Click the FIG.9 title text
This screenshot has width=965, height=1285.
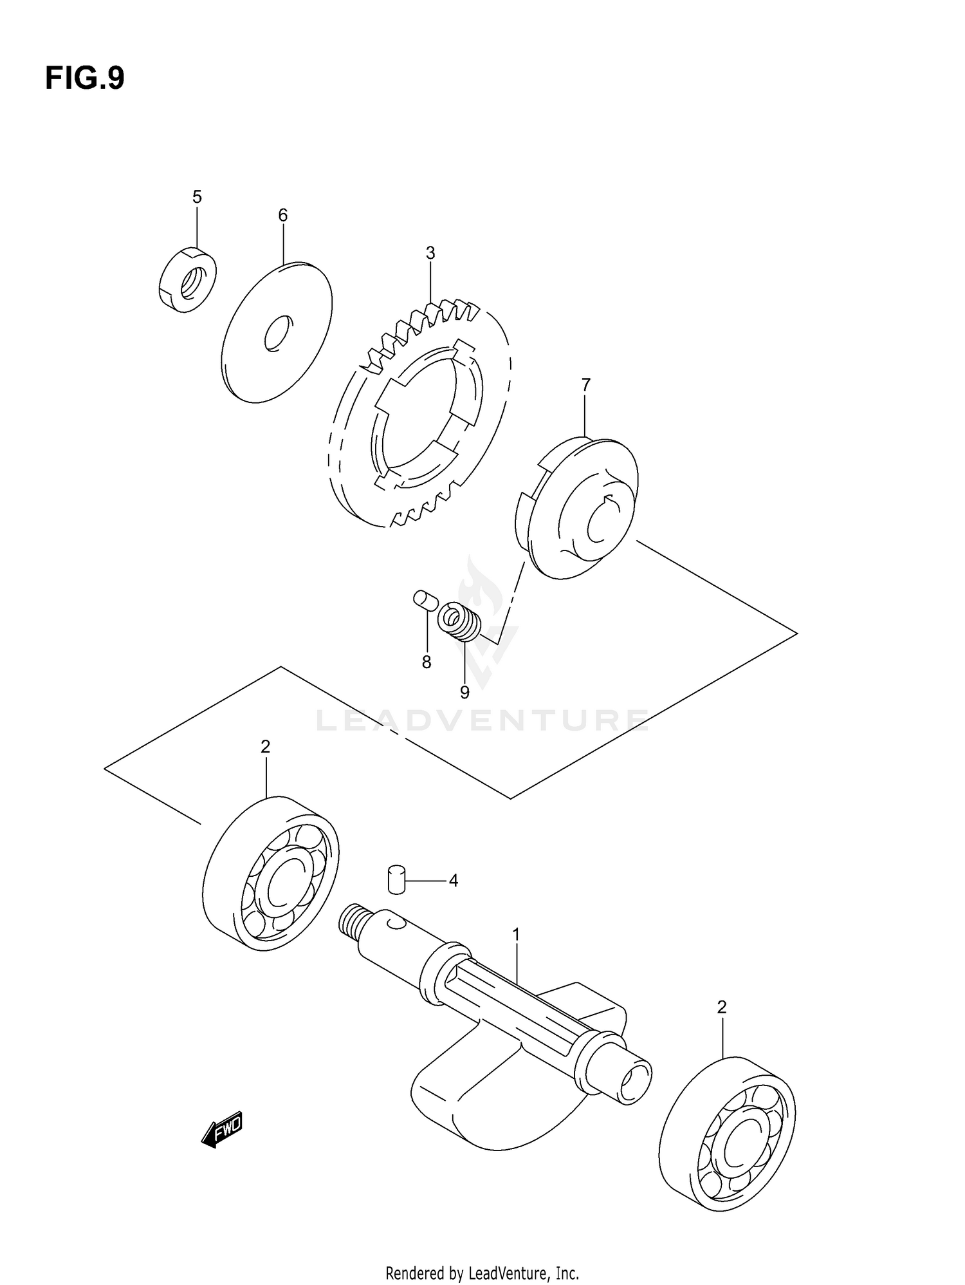84,79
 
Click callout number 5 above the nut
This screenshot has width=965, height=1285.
197,197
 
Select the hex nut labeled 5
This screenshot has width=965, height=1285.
187,281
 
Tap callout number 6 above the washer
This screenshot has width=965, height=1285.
282,216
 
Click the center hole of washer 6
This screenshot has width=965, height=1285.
278,333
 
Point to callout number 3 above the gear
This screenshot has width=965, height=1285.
430,254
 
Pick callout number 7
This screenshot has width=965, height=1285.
585,385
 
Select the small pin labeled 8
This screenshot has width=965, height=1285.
425,600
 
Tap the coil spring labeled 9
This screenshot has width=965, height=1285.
459,621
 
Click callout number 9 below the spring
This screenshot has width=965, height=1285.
464,693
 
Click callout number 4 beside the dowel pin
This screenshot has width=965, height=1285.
453,881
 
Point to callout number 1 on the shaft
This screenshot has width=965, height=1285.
515,934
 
